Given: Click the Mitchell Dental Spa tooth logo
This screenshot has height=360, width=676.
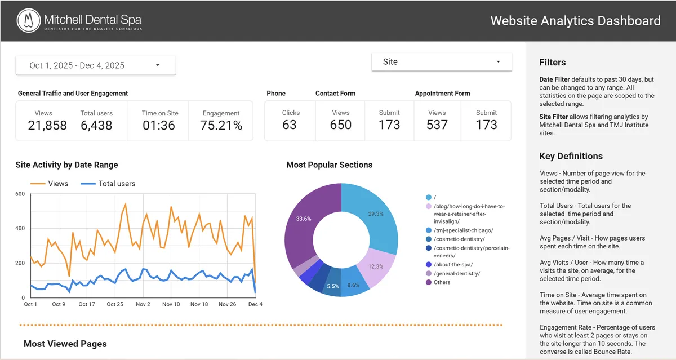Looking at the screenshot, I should (x=28, y=21).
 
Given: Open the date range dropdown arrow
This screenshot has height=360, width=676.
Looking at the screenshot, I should (x=158, y=65).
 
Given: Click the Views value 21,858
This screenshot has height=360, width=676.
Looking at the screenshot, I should (x=47, y=125).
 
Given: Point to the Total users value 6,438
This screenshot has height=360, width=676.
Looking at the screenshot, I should (x=96, y=125).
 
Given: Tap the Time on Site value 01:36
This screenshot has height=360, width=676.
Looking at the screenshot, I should (x=158, y=125).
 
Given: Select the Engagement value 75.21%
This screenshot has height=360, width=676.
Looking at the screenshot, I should (x=221, y=125).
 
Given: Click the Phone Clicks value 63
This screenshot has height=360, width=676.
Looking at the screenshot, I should (x=290, y=125).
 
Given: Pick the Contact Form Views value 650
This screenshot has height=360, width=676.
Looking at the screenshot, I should (x=341, y=125).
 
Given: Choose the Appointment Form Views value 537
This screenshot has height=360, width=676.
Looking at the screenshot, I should (x=437, y=125).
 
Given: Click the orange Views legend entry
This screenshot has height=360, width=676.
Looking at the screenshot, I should (x=50, y=184).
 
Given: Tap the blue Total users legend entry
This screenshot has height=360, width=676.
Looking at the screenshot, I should (x=108, y=184).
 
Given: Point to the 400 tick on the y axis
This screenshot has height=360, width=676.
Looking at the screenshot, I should (x=20, y=228).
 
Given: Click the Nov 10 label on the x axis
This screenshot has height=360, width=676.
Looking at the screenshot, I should (x=171, y=304).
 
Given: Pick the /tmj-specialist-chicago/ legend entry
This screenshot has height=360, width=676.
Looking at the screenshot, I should (x=463, y=230).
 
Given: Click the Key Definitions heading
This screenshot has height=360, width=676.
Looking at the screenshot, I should (x=571, y=157).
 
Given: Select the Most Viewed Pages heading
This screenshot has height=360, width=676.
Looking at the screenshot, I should (x=65, y=344).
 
